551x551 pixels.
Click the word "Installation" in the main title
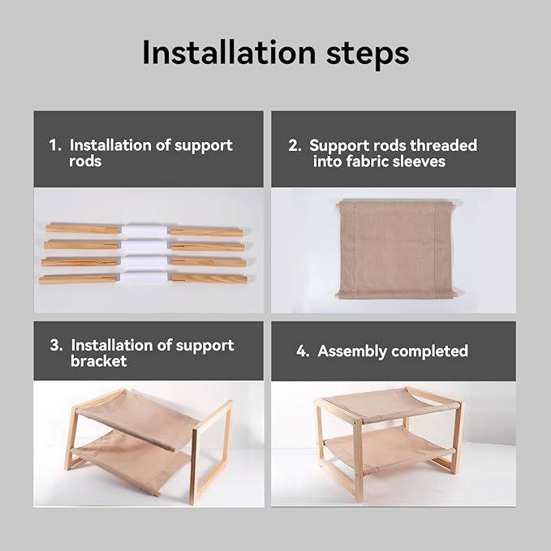tap(229, 53)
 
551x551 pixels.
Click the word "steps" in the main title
tap(368, 54)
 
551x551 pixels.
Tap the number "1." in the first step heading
tap(55, 144)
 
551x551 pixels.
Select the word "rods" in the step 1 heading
tap(85, 161)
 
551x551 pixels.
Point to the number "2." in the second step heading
tap(295, 145)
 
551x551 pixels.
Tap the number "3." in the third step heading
tap(57, 345)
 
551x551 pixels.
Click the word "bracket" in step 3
tap(99, 361)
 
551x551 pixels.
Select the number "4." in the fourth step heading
tap(303, 351)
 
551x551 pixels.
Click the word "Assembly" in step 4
tap(351, 351)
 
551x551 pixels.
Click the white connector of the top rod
tap(144, 230)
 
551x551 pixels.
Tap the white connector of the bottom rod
tap(144, 277)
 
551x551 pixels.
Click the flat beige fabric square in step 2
tap(396, 249)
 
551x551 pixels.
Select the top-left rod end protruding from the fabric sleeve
tap(338, 204)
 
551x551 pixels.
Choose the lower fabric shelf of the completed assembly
tap(386, 449)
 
